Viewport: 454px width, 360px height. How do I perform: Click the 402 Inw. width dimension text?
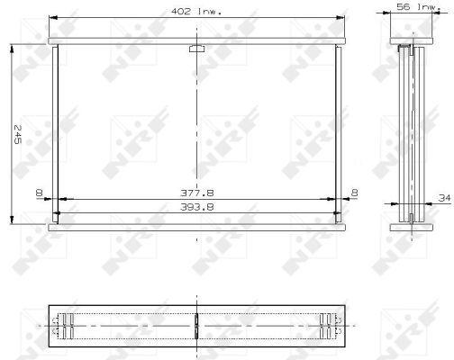click(x=196, y=11)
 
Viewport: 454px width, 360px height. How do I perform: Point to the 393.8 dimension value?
click(x=196, y=207)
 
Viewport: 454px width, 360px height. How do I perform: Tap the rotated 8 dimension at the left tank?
click(x=38, y=193)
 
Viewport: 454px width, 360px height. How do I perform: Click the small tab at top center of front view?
click(x=196, y=49)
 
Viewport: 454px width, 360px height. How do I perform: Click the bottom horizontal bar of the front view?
click(x=196, y=226)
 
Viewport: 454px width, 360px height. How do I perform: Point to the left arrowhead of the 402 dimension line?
click(x=51, y=17)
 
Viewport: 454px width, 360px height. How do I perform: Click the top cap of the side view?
click(x=410, y=41)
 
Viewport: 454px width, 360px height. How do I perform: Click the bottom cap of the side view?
click(x=410, y=226)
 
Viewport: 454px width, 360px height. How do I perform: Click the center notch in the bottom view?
click(x=196, y=325)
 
